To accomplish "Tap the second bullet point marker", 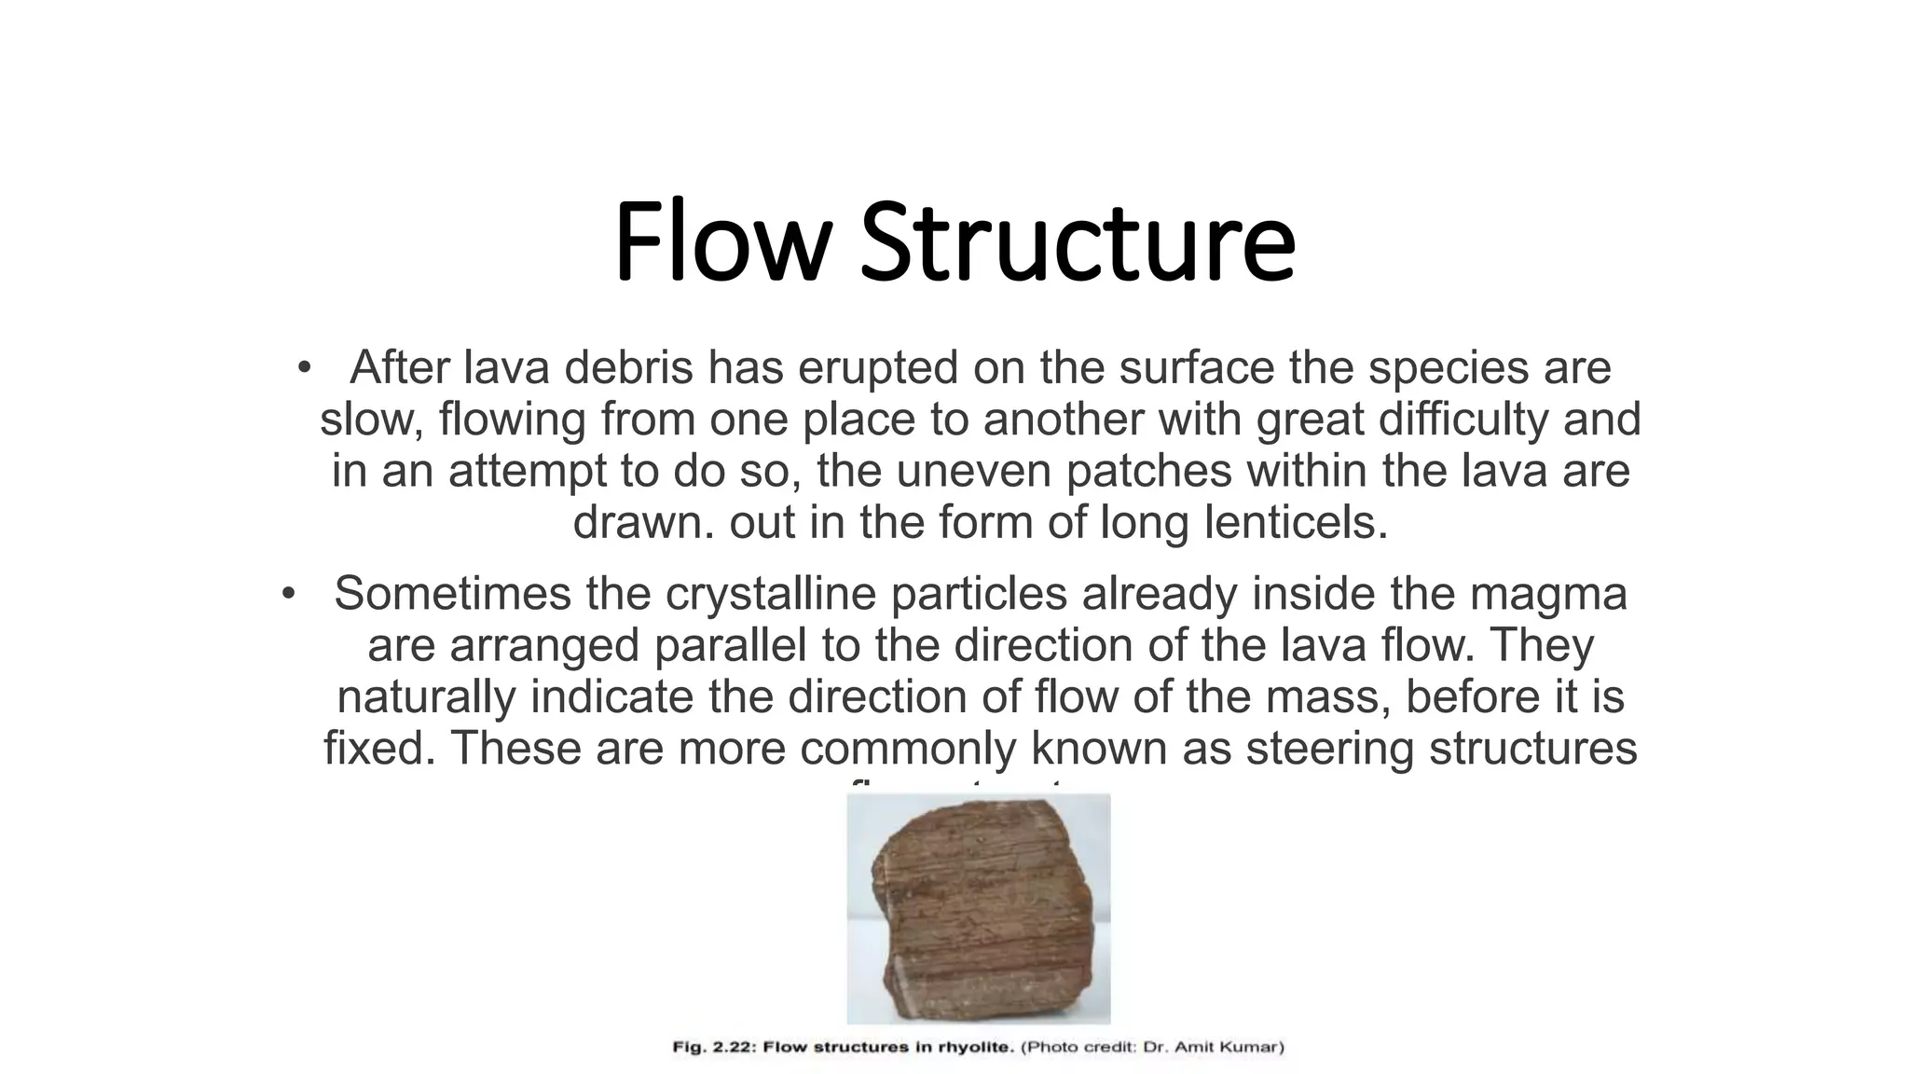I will pos(288,593).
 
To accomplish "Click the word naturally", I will pos(426,696).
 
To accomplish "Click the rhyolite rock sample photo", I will pos(978,909).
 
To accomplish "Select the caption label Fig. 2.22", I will pos(712,1047).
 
